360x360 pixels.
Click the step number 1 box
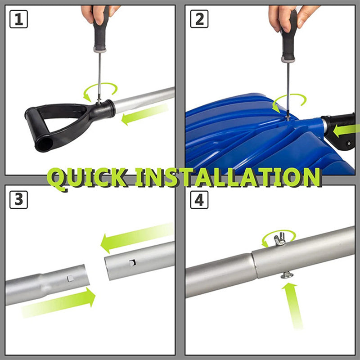tap(18, 19)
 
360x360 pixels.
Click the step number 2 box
tap(199, 19)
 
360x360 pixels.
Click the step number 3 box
tap(18, 200)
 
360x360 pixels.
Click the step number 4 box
tap(199, 200)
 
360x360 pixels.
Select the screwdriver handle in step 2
tap(289, 37)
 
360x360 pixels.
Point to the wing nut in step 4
tap(279, 239)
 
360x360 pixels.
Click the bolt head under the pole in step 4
tap(287, 275)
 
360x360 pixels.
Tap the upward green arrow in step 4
tap(293, 306)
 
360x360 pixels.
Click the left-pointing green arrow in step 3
tap(137, 237)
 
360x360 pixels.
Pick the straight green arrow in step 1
tap(144, 114)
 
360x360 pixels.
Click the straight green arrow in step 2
tap(346, 130)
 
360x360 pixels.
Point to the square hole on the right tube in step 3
tap(132, 263)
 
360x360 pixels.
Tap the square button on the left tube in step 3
tap(70, 278)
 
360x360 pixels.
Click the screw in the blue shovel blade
tap(287, 118)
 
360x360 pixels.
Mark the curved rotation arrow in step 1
tap(100, 84)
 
